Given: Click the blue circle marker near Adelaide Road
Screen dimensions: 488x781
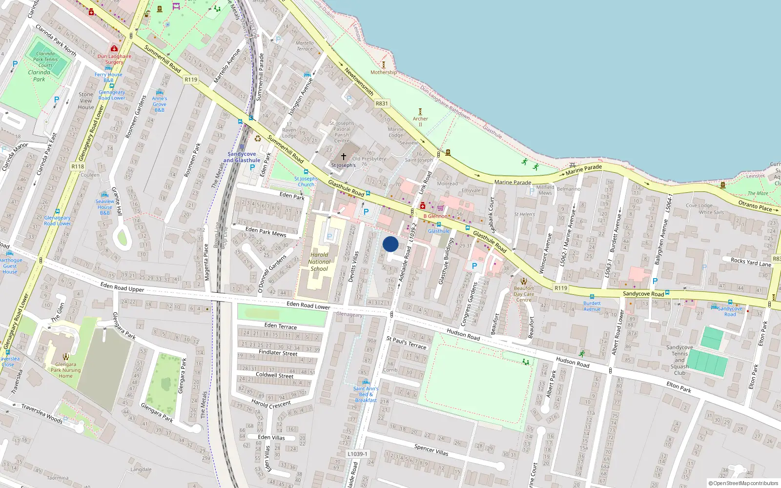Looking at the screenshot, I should (390, 244).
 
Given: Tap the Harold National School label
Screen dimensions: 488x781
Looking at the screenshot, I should (319, 262).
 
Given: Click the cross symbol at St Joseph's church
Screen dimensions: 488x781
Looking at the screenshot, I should (344, 157).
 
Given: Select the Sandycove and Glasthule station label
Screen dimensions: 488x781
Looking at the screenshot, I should (242, 157).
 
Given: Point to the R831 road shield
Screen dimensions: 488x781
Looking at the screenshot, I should (382, 103).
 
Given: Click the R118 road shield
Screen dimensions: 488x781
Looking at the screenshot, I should (78, 166).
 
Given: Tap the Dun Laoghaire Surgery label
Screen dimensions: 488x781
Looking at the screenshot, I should (114, 59).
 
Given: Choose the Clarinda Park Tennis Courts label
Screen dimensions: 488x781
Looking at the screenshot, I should (45, 60).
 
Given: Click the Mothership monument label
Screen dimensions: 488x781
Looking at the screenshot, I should (383, 72).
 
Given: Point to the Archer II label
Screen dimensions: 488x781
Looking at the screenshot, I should (420, 121).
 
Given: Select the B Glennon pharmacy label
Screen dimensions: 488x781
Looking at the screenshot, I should (435, 216).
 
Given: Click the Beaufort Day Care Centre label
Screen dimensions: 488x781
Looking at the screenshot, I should (524, 294).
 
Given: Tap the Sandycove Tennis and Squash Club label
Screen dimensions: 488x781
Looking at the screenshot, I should (679, 360).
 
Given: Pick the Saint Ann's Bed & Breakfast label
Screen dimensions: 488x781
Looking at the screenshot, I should (366, 394).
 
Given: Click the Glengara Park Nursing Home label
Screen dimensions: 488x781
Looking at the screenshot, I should (65, 370).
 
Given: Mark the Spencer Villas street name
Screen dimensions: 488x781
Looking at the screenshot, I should (431, 449).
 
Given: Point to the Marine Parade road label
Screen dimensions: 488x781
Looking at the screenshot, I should (513, 182).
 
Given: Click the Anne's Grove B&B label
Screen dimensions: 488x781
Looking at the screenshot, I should (160, 104).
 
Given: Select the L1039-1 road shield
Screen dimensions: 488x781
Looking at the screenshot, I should (357, 454).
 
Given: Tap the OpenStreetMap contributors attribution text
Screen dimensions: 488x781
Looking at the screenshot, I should (743, 484).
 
